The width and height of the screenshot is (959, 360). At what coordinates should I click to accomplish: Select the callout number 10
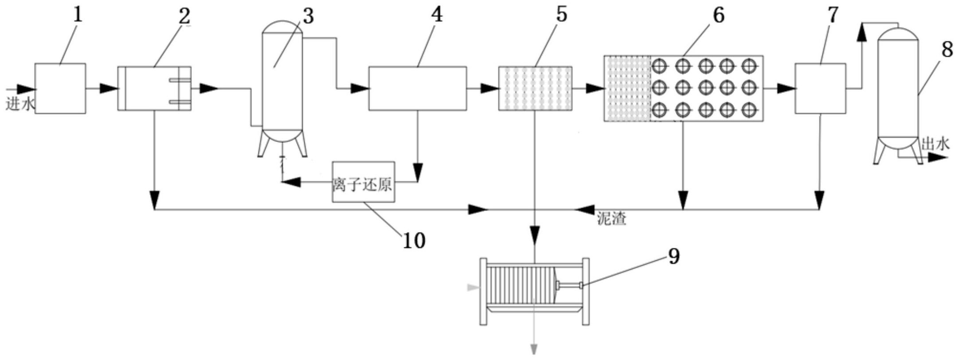coord(414,240)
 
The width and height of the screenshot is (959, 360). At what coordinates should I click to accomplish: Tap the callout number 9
coord(673,257)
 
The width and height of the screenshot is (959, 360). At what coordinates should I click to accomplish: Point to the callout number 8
coord(947,50)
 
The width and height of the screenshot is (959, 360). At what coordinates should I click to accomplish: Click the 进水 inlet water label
coord(20,105)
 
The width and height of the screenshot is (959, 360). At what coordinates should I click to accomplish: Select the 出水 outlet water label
coord(935,144)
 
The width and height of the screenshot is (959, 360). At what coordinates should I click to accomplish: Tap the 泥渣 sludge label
coord(611,219)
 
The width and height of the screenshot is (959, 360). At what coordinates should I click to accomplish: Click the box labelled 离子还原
coord(364,182)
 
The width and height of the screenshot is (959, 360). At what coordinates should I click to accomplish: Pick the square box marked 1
coord(60,88)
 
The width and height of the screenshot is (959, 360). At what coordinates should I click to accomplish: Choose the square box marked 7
coord(820,88)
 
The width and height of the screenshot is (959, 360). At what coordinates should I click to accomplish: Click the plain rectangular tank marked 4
coord(418,88)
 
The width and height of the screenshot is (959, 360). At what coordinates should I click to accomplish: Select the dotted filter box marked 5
coord(535,88)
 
